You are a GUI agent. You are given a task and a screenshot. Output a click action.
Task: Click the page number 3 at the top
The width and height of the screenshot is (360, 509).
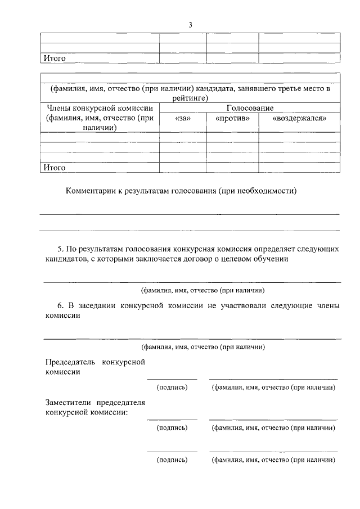[191, 25]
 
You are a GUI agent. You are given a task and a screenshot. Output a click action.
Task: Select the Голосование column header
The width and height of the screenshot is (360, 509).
[250, 107]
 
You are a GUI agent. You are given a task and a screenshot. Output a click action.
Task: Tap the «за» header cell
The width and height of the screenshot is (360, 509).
[183, 118]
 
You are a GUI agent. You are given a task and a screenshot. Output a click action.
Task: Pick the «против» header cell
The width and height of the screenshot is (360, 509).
[232, 118]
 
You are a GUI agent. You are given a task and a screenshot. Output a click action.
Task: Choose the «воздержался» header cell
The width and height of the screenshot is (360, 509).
[299, 118]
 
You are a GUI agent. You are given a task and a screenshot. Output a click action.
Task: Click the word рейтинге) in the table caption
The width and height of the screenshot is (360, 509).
[190, 98]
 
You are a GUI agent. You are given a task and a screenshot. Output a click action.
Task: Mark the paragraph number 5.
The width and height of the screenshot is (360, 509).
[60, 248]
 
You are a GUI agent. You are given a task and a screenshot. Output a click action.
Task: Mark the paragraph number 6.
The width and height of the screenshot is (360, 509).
[60, 305]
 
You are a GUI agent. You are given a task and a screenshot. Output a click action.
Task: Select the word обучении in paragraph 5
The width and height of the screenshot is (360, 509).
[273, 259]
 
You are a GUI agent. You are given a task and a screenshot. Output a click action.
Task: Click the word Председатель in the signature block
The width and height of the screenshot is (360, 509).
[70, 361]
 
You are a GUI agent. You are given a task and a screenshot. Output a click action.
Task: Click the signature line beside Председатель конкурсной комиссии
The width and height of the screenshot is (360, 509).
[172, 378]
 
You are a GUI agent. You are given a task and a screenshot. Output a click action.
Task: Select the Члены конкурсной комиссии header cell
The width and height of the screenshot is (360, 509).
[100, 118]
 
